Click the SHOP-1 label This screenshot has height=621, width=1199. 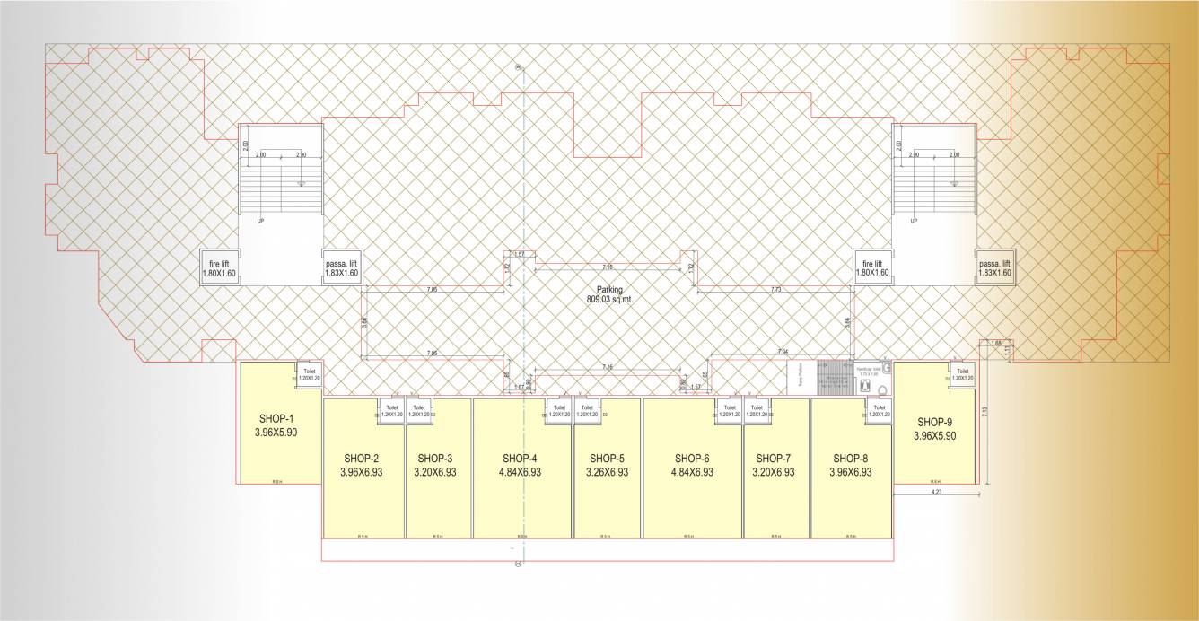(x=276, y=419)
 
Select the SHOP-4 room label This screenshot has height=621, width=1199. (x=521, y=456)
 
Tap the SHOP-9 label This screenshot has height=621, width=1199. (x=935, y=422)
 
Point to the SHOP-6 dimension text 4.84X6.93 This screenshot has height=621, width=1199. (x=692, y=472)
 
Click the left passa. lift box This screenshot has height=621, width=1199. (x=342, y=267)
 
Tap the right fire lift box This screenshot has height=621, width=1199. (x=871, y=267)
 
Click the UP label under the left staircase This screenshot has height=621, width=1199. (x=260, y=221)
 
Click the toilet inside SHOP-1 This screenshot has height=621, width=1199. (x=309, y=375)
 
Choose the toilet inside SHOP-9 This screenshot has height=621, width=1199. (x=962, y=375)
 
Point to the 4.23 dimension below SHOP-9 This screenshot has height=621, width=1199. (x=934, y=492)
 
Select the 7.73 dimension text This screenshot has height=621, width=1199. (x=776, y=290)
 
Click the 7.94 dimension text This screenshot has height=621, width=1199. (x=782, y=350)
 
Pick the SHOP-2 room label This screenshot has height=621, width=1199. (x=362, y=456)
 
